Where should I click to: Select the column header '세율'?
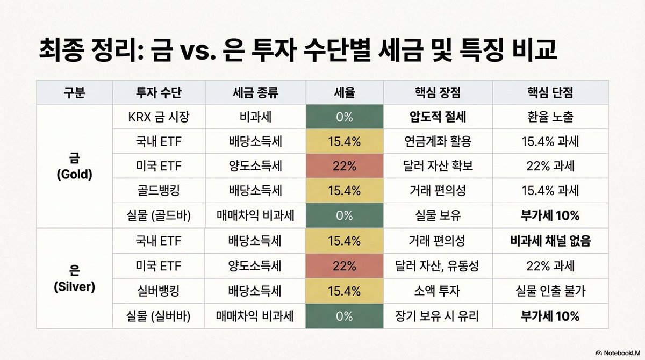click(344, 92)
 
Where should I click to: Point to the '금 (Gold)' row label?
click(74, 167)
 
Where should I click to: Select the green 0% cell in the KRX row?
click(344, 117)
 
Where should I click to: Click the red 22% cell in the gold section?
click(344, 167)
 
